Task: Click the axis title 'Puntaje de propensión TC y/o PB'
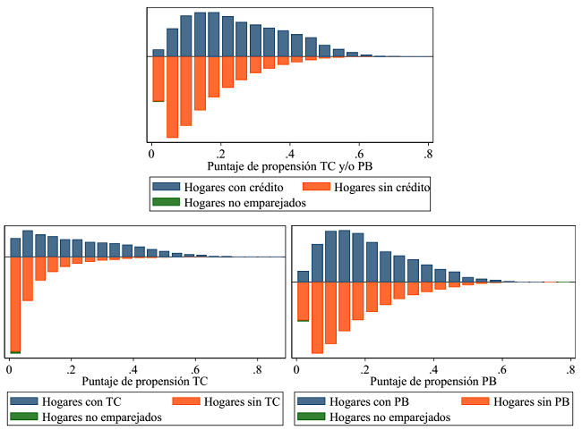tap(291, 166)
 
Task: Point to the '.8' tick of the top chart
tap(428, 152)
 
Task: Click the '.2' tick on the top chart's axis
tap(220, 152)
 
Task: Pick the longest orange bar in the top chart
tap(172, 97)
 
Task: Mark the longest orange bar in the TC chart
tap(15, 304)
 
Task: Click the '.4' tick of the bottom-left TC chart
tap(133, 367)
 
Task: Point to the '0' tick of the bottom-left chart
tap(9, 367)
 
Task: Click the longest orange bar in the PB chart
tap(317, 317)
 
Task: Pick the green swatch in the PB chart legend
tap(311, 417)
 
